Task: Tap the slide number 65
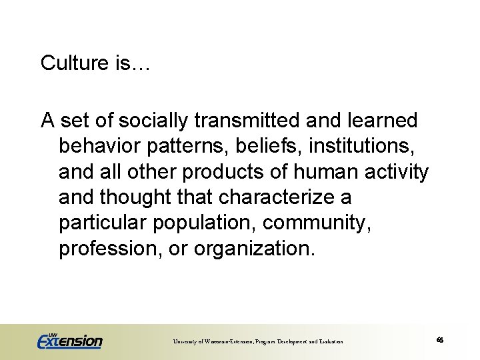point(440,340)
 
